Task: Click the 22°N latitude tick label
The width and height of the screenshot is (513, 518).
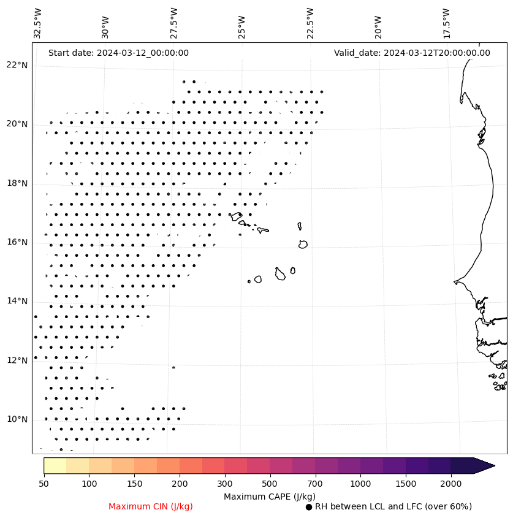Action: click(18, 65)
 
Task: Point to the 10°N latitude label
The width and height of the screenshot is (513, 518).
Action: click(18, 419)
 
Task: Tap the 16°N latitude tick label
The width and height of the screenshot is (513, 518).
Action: click(18, 242)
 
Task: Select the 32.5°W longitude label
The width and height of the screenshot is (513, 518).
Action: click(38, 24)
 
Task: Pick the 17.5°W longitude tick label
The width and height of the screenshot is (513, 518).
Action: click(446, 24)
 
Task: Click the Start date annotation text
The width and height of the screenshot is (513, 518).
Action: click(118, 53)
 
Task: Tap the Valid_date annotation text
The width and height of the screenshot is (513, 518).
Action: click(412, 53)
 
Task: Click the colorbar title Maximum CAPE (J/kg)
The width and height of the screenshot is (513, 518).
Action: click(269, 496)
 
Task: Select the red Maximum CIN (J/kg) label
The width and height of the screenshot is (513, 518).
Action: click(151, 506)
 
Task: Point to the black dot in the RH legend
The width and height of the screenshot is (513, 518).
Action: click(309, 507)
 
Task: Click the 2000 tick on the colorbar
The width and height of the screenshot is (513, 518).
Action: click(450, 484)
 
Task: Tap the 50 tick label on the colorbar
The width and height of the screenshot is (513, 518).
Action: click(44, 484)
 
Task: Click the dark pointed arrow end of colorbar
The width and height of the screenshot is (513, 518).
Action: click(484, 465)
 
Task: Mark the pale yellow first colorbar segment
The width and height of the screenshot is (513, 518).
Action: click(55, 465)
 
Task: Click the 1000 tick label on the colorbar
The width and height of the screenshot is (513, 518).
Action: click(360, 484)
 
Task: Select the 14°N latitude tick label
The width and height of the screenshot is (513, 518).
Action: click(18, 301)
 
